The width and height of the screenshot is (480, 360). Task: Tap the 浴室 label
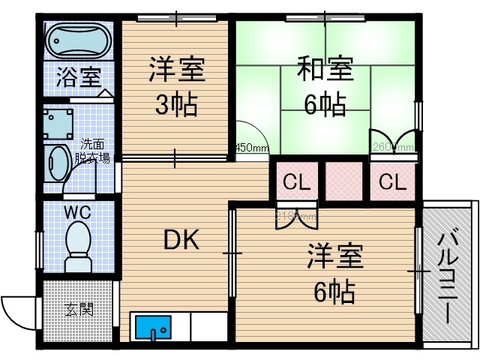pos(78,76)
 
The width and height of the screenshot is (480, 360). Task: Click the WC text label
pos(77,212)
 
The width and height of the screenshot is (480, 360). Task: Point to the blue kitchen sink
pos(153,328)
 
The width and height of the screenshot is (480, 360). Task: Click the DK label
pos(181,240)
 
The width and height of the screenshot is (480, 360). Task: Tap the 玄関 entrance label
pos(79,309)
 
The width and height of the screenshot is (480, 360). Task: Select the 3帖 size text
pos(176,104)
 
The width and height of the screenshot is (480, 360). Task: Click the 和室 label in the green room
pos(325,72)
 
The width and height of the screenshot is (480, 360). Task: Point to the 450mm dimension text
pos(253,148)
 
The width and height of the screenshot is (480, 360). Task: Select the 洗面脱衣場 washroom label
pos(95,151)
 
